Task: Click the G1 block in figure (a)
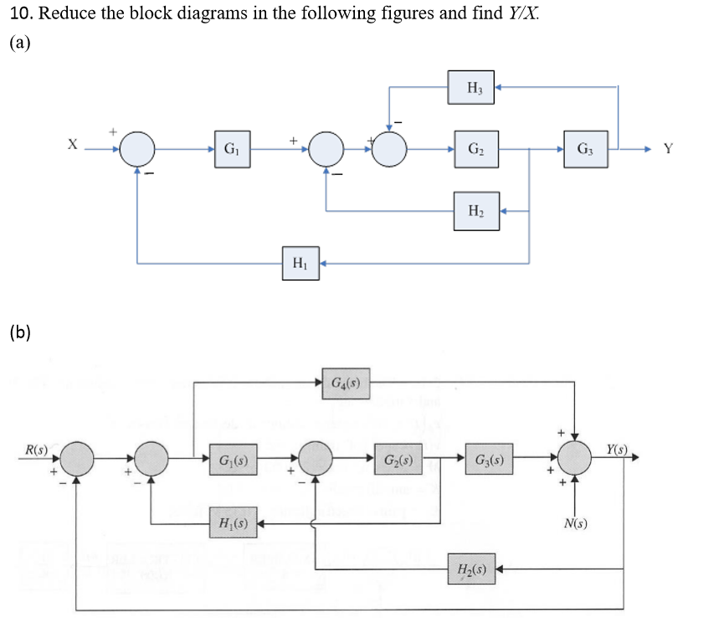[x=229, y=150]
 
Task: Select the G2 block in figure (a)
[x=474, y=150]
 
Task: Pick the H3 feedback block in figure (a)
[x=474, y=87]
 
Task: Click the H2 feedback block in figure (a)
[x=474, y=209]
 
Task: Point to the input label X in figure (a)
[x=74, y=146]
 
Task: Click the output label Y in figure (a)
[x=667, y=151]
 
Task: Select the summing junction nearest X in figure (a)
[x=138, y=150]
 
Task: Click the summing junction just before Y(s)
[x=576, y=459]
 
